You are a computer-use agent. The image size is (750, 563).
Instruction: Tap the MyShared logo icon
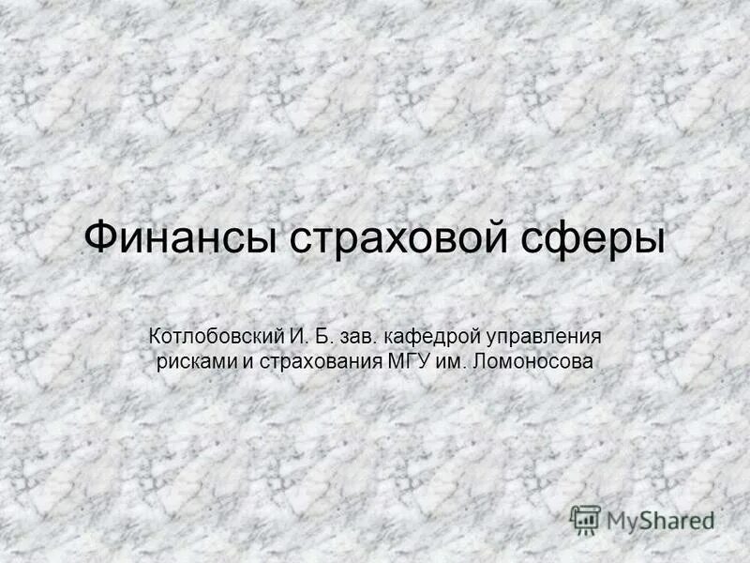586,519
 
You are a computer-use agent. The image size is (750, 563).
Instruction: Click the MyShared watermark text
661,520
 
